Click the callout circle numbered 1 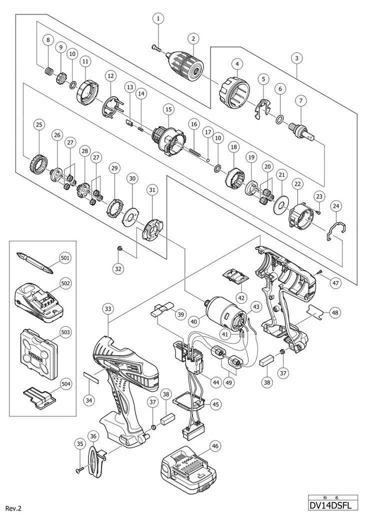click(x=158, y=19)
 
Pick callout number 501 click(x=65, y=258)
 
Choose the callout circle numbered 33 click(x=108, y=309)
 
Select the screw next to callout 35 click(x=81, y=469)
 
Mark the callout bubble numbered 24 click(x=336, y=205)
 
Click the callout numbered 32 click(x=118, y=268)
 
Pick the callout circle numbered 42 click(x=240, y=297)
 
